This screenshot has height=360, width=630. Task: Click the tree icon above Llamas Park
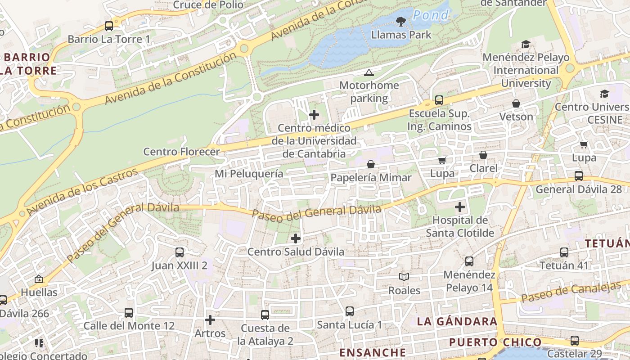click(400, 21)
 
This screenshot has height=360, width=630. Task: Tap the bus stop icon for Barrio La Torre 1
click(108, 26)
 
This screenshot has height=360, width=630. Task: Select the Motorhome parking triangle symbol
click(369, 72)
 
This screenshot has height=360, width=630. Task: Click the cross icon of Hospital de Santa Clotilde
click(459, 207)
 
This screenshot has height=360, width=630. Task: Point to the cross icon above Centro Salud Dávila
click(296, 238)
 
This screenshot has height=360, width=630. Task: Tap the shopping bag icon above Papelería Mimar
click(371, 164)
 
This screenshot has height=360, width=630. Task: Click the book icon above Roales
click(404, 277)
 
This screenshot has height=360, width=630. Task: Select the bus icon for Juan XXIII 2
click(179, 252)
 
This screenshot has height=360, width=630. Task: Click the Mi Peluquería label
click(249, 174)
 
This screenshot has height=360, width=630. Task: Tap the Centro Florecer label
click(181, 152)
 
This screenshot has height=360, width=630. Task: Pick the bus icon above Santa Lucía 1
click(349, 311)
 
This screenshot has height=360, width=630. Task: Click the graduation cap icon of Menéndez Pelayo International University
click(525, 44)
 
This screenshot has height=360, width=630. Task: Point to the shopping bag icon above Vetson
click(516, 103)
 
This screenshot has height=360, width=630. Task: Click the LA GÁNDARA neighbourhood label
click(457, 321)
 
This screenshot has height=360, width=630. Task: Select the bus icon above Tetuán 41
click(564, 252)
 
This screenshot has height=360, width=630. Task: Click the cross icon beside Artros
click(210, 320)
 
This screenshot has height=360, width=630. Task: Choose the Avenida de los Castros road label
click(82, 192)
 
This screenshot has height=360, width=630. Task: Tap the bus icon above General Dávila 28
click(579, 175)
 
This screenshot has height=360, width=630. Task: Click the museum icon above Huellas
click(39, 279)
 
